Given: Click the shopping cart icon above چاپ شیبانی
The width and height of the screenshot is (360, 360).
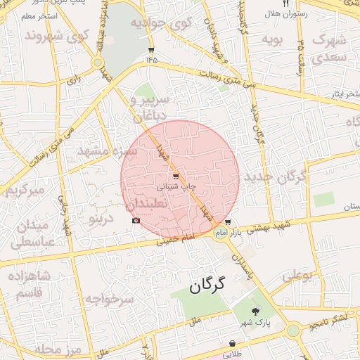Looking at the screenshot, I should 174,176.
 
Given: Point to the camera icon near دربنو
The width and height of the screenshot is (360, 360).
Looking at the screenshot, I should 136,221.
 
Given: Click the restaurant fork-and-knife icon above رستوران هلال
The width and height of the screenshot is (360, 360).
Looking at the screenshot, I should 285,4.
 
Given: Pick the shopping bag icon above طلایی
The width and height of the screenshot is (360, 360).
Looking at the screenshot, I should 232,344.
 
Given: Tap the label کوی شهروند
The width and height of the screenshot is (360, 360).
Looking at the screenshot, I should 56,34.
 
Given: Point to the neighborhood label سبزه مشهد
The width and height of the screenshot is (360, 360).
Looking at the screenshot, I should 102,150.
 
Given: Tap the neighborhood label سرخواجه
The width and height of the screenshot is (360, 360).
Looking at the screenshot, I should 110,299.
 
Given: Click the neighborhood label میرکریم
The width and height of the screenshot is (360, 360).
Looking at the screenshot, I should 25,191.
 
